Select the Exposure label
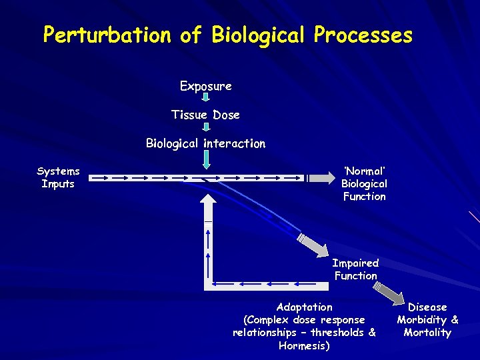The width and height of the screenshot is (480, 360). click(206, 86)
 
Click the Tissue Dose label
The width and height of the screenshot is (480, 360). click(205, 115)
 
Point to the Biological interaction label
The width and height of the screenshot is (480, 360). click(206, 143)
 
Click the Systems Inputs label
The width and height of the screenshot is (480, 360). click(58, 177)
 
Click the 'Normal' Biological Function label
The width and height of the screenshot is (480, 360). click(364, 183)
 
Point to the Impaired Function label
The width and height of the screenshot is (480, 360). click(355, 269)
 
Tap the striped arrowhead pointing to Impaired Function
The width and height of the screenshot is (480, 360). click(312, 243)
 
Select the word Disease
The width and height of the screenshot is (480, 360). click(427, 307)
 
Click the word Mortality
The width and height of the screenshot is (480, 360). click(427, 333)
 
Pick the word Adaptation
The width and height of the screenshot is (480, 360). click(304, 307)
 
